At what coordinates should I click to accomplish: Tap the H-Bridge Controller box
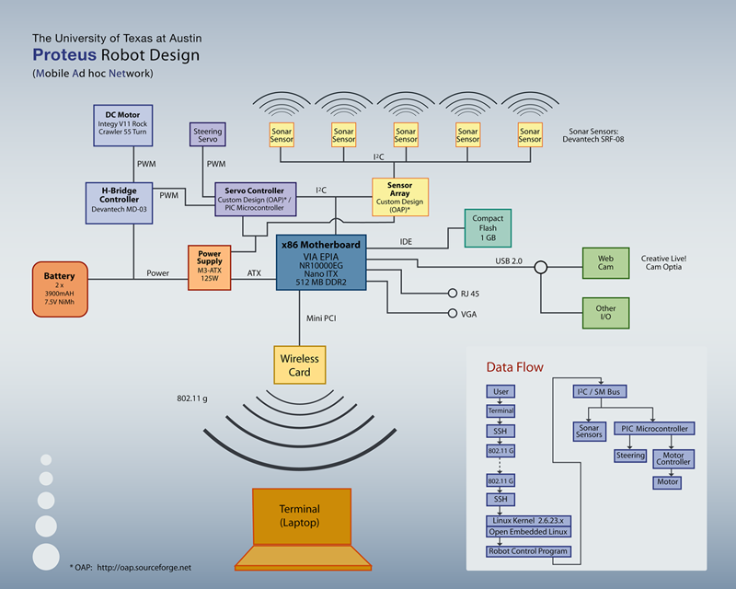(x=119, y=199)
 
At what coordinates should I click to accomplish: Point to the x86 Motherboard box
(x=321, y=262)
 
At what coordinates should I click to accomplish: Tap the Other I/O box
(x=605, y=313)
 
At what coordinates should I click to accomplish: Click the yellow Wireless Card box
(x=301, y=364)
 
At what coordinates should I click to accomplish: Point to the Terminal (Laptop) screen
(x=302, y=515)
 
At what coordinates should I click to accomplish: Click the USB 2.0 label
(x=505, y=261)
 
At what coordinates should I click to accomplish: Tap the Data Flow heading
(x=514, y=367)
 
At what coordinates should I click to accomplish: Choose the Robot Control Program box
(x=529, y=551)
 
